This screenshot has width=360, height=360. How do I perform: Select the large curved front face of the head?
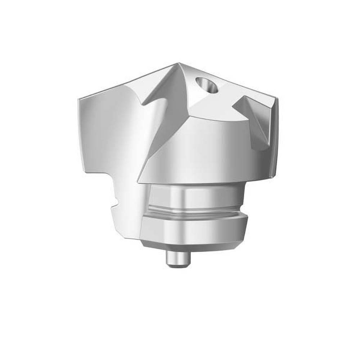coord(202,151)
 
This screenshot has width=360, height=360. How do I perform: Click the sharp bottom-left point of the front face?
coord(141,182)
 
